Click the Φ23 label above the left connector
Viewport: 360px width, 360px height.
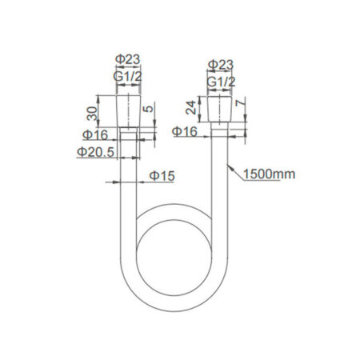coord(127,59)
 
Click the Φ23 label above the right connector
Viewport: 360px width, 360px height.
coord(221,65)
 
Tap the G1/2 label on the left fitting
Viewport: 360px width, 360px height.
coord(127,77)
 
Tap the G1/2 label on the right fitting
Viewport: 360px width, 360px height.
coord(221,82)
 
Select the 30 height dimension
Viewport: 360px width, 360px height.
coord(92,114)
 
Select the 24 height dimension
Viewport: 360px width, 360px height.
coord(191,108)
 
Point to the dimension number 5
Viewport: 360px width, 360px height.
coord(149,109)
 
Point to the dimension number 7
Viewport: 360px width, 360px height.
coord(240,102)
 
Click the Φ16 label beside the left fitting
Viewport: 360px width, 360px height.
coord(95,134)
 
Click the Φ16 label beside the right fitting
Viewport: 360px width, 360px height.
coord(185,131)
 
